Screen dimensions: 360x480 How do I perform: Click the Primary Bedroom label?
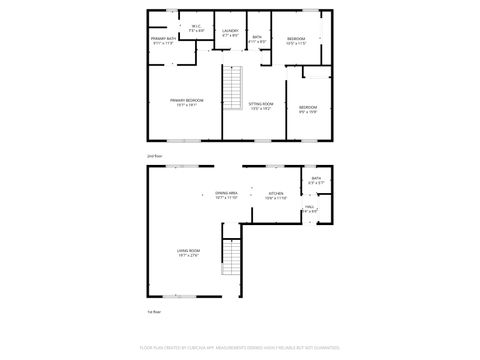point(186,100)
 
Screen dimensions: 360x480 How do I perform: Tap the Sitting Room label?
point(261,102)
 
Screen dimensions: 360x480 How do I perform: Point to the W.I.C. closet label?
point(198,27)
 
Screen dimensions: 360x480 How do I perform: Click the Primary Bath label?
point(164,39)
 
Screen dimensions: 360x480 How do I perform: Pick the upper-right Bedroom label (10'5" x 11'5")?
point(296,39)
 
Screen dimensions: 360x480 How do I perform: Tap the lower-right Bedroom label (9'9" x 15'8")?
point(307,106)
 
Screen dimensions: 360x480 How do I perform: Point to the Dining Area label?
point(226,192)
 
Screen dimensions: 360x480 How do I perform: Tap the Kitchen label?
point(276,193)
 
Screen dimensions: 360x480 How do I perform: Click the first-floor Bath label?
point(316,179)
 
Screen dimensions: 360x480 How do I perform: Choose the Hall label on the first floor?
point(310,205)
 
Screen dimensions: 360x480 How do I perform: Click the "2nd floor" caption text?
point(153,157)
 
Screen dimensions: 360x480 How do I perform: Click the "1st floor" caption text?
point(153,314)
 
